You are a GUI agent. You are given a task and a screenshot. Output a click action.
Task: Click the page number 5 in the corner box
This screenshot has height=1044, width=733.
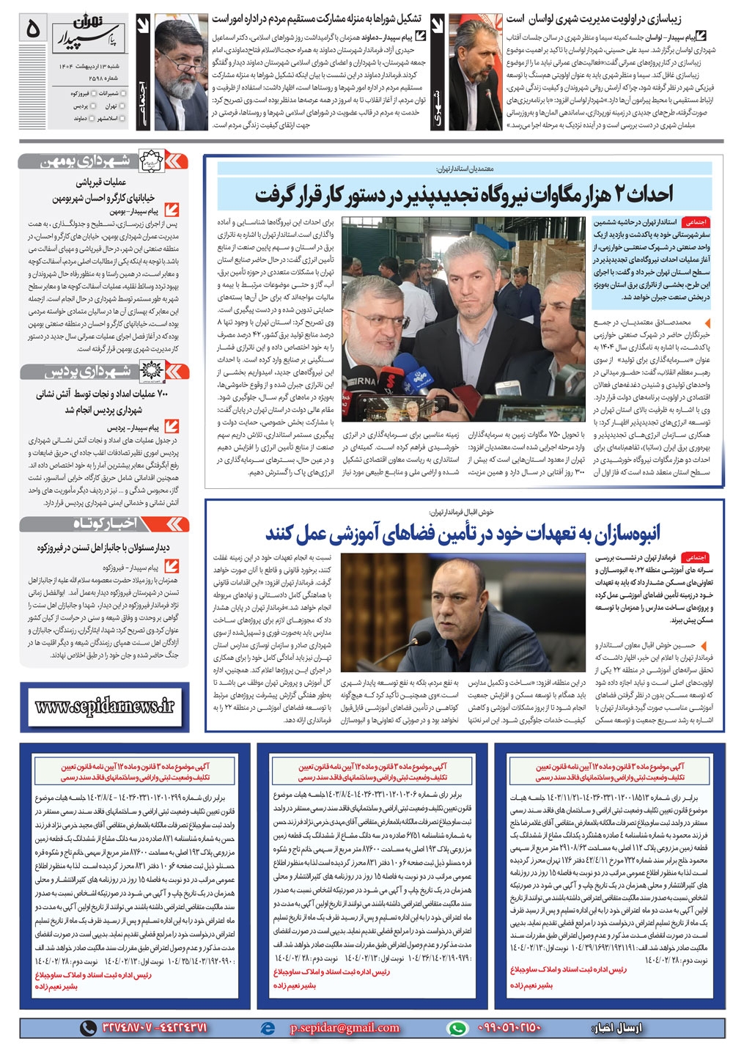pyautogui.click(x=32, y=30)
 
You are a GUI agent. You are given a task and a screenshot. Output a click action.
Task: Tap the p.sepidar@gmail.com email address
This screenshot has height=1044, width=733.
pyautogui.click(x=345, y=1028)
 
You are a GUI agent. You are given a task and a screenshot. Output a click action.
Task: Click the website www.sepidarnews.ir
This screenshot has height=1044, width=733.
pyautogui.click(x=105, y=706)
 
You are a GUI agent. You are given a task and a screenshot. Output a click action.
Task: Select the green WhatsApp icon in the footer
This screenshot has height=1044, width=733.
pyautogui.click(x=457, y=1028)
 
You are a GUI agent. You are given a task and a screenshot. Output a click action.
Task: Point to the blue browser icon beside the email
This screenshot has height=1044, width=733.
pyautogui.click(x=268, y=1028)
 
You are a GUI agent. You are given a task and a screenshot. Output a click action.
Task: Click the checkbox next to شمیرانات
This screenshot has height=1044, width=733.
pyautogui.click(x=123, y=94)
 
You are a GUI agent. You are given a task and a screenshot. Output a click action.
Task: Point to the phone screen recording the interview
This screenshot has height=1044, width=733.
pyautogui.click(x=409, y=407)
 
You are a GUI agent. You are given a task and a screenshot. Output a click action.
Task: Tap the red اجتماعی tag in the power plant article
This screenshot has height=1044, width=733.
pyautogui.click(x=693, y=221)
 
